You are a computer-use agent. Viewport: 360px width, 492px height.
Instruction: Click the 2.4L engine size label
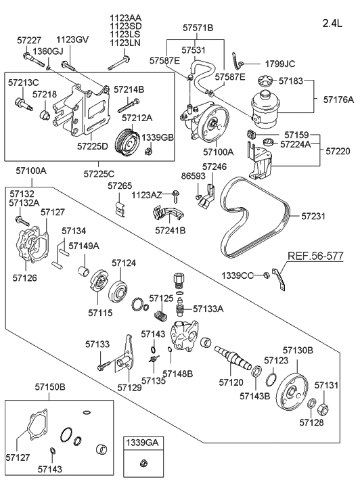pos(332,23)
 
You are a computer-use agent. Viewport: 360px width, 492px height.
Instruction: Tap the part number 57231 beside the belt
pos(313,216)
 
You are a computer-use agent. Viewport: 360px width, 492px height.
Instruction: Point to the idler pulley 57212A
pos(127,143)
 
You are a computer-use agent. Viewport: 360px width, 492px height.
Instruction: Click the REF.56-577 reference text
pos(315,256)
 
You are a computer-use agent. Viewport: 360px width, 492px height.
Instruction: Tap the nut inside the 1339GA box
pos(143,462)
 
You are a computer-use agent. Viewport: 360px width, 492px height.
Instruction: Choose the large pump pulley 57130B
pos(291,392)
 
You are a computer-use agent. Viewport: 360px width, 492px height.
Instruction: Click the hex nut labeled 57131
pos(323,409)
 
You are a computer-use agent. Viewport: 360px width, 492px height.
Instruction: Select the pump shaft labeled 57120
pos(233,358)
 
